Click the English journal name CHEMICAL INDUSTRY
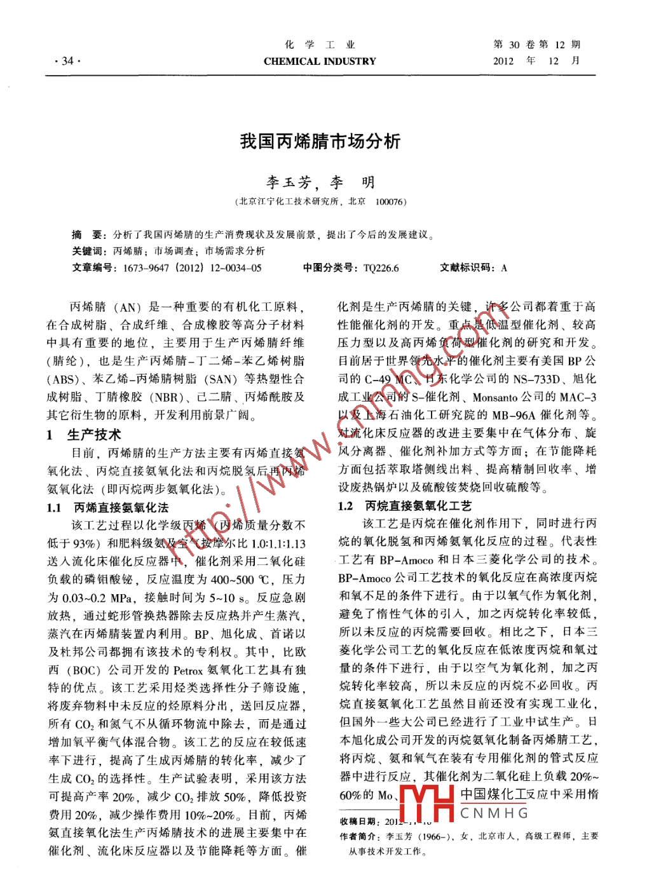pyautogui.click(x=320, y=62)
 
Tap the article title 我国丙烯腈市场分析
pyautogui.click(x=320, y=141)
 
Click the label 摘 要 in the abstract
pyautogui.click(x=87, y=234)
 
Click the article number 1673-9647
pyautogui.click(x=147, y=268)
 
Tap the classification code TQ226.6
pyautogui.click(x=381, y=268)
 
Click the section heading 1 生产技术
pyautogui.click(x=84, y=435)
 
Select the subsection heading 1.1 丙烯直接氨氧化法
pyautogui.click(x=107, y=508)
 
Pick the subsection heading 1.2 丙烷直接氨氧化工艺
pyautogui.click(x=405, y=506)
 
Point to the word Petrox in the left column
pyautogui.click(x=187, y=670)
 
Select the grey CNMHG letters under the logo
pyautogui.click(x=494, y=813)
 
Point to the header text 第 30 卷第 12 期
pyautogui.click(x=537, y=45)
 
